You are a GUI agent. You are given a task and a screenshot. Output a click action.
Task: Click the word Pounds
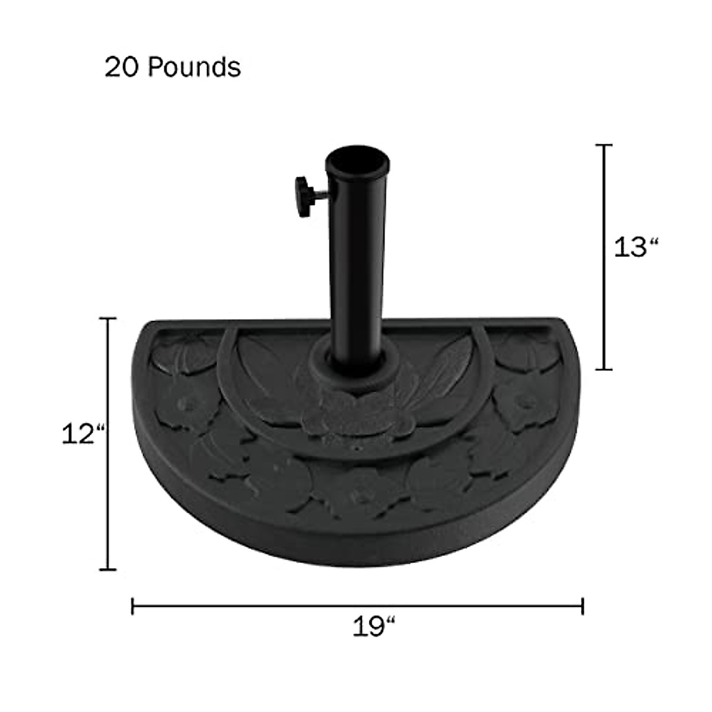click(195, 67)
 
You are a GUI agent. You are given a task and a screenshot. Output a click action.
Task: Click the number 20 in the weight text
click(123, 68)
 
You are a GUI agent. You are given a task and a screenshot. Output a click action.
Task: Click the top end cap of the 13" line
click(604, 145)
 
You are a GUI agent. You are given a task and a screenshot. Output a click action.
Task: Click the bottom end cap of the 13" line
click(604, 369)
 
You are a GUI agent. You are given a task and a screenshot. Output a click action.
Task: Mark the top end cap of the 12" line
click(107, 319)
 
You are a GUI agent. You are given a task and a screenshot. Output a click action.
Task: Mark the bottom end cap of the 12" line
click(107, 570)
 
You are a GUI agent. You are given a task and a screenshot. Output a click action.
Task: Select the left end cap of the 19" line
click(132, 606)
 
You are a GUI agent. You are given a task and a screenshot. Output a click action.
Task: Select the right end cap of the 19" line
click(583, 606)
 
